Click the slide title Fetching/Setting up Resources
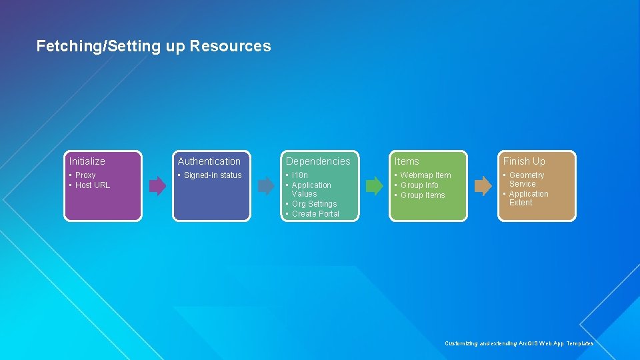pyautogui.click(x=153, y=46)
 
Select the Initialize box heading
pyautogui.click(x=87, y=161)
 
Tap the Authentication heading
pyautogui.click(x=209, y=161)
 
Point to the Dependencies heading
pyautogui.click(x=318, y=161)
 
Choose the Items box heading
pyautogui.click(x=407, y=161)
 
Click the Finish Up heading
pyautogui.click(x=524, y=161)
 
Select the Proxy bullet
pyautogui.click(x=85, y=175)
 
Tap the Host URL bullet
pyautogui.click(x=92, y=185)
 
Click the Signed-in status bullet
pyautogui.click(x=212, y=175)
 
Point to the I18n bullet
pyautogui.click(x=300, y=175)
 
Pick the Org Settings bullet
pyautogui.click(x=314, y=204)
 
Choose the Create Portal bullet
pyautogui.click(x=315, y=214)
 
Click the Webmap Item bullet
pyautogui.click(x=425, y=175)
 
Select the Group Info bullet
pyautogui.click(x=419, y=185)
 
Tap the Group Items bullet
pyautogui.click(x=423, y=195)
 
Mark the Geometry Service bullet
pyautogui.click(x=526, y=179)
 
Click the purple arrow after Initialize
pyautogui.click(x=157, y=186)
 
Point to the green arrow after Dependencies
pyautogui.click(x=375, y=186)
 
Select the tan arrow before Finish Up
pyautogui.click(x=483, y=186)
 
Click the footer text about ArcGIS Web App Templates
pyautogui.click(x=519, y=343)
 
